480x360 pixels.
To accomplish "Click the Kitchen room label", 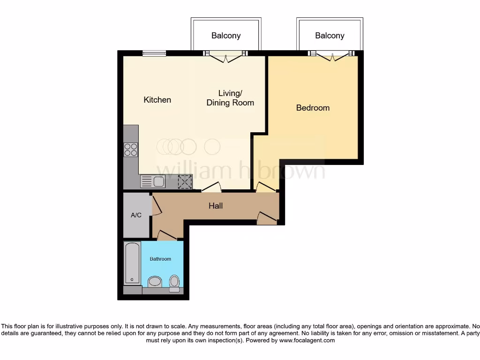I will click(x=157, y=100).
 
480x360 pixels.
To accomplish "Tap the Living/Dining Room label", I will click(x=230, y=98).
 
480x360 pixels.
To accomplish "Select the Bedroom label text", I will click(x=313, y=108).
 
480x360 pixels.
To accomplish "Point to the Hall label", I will click(x=216, y=206).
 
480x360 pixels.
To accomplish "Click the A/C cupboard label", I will click(x=136, y=216).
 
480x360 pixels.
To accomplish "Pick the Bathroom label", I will click(x=160, y=259).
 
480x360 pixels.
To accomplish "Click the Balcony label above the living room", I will click(x=226, y=36).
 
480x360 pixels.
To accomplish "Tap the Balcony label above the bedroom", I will click(x=330, y=36).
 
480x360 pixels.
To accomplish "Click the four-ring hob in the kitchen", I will click(x=131, y=150).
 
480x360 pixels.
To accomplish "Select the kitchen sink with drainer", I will click(x=153, y=181).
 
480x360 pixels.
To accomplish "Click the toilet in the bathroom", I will click(x=174, y=283).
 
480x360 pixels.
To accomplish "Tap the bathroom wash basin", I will click(x=154, y=282).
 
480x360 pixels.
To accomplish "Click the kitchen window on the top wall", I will click(x=154, y=53).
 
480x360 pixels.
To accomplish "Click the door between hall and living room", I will click(x=211, y=187).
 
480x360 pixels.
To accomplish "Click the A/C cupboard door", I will click(x=156, y=207).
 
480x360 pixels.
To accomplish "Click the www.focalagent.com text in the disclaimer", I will click(x=307, y=341).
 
